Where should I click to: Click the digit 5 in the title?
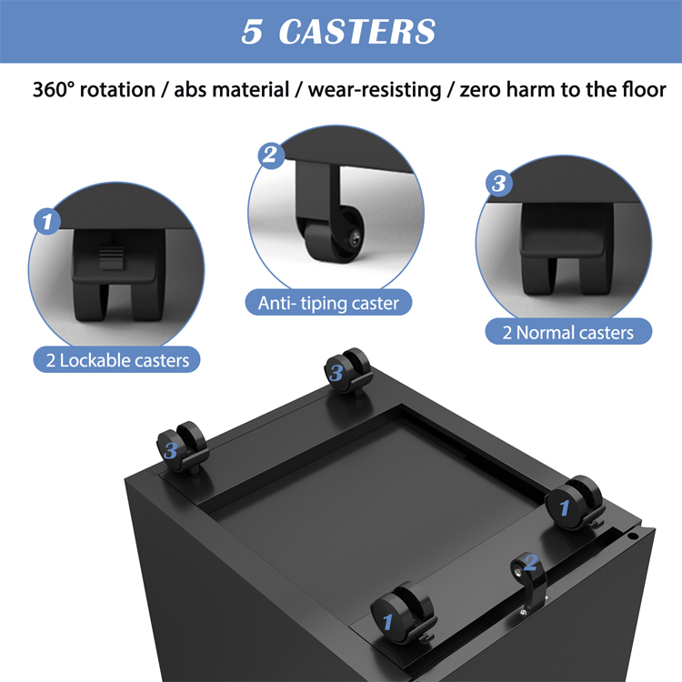pyautogui.click(x=252, y=32)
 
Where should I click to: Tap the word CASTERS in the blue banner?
pyautogui.click(x=357, y=32)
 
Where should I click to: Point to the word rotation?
pyautogui.click(x=117, y=90)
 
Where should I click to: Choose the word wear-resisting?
pyautogui.click(x=375, y=90)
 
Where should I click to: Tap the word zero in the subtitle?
pyautogui.click(x=480, y=90)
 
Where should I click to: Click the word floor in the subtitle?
pyautogui.click(x=644, y=90)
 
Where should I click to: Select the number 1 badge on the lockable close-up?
pyautogui.click(x=47, y=221)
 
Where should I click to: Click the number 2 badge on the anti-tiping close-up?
pyautogui.click(x=271, y=155)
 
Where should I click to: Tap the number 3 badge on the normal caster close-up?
pyautogui.click(x=499, y=183)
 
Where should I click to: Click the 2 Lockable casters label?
pyautogui.click(x=117, y=360)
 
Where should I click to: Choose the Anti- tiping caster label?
pyautogui.click(x=328, y=303)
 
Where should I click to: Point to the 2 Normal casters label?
pyautogui.click(x=568, y=332)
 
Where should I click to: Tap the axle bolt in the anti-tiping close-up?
pyautogui.click(x=356, y=238)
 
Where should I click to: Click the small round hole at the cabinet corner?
pyautogui.click(x=631, y=536)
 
